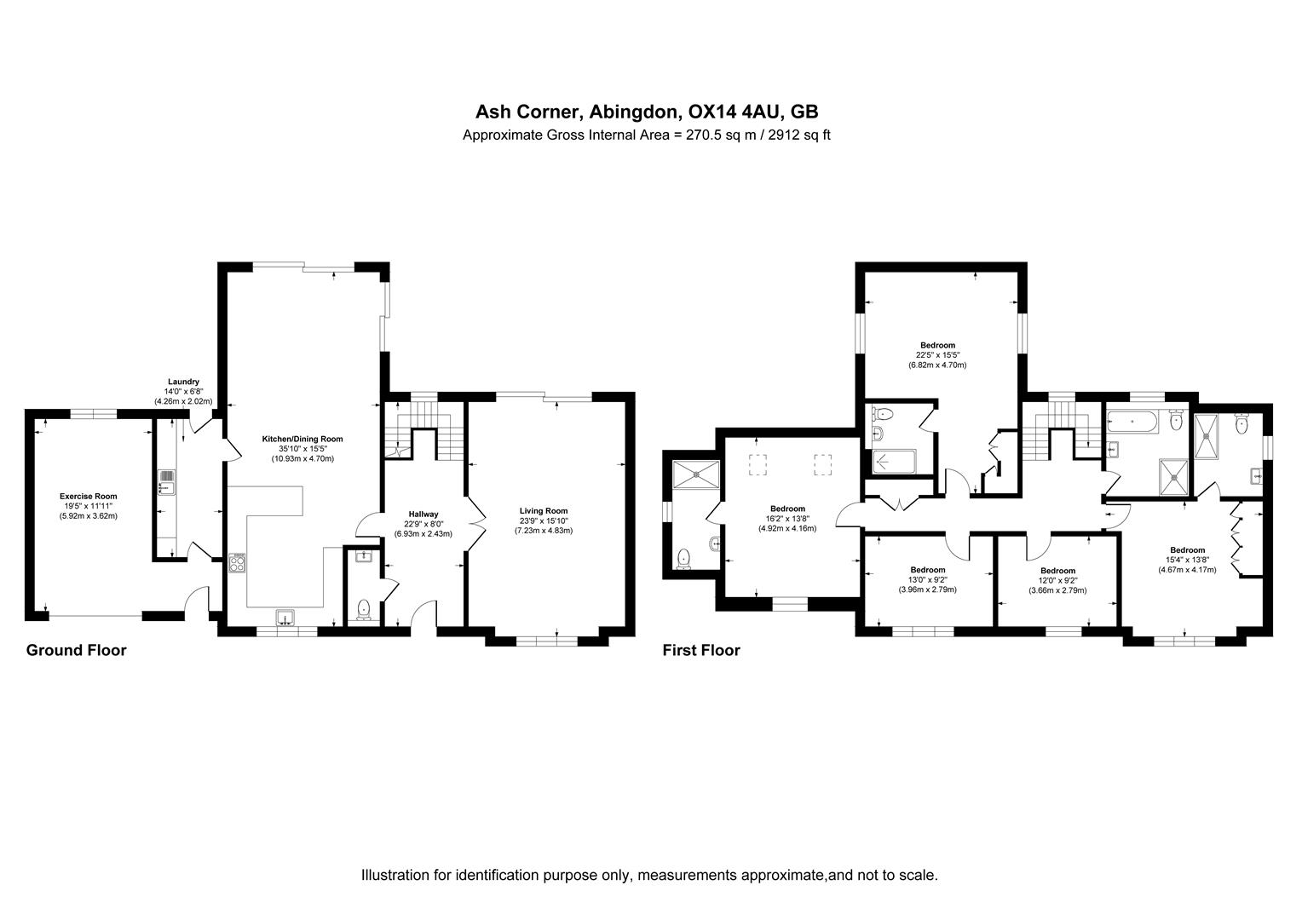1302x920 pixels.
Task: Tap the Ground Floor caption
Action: tap(76, 651)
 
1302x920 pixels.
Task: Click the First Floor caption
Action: tap(701, 651)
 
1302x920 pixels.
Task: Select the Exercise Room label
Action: tap(88, 496)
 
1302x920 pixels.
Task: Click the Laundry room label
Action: tap(183, 382)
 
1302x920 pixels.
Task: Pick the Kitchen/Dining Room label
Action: tap(302, 439)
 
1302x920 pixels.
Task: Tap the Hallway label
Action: tap(423, 515)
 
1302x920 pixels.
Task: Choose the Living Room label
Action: tap(543, 511)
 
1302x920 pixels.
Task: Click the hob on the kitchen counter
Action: tap(237, 562)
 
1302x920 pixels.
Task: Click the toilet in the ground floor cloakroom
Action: tap(364, 608)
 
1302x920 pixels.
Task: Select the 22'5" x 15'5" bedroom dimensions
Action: tap(937, 355)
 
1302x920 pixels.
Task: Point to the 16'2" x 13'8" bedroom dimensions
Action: tap(787, 518)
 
